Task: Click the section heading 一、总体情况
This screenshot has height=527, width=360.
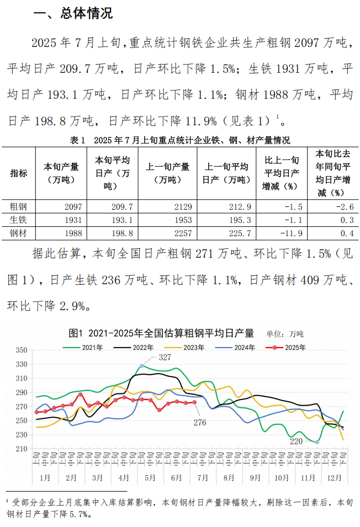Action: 73,14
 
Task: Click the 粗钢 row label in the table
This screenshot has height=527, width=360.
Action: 18,207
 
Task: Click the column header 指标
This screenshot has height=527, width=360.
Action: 18,173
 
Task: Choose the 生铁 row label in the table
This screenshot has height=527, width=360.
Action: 18,220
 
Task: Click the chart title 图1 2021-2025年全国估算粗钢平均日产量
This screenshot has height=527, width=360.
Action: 161,333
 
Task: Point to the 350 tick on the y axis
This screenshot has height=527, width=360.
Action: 22,350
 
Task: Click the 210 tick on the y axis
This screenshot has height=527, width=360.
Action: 22,449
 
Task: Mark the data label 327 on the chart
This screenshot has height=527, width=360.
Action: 165,358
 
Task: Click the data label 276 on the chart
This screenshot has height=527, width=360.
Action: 200,422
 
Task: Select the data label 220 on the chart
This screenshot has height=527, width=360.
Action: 297,441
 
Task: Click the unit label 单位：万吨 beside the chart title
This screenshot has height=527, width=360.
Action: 285,334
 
